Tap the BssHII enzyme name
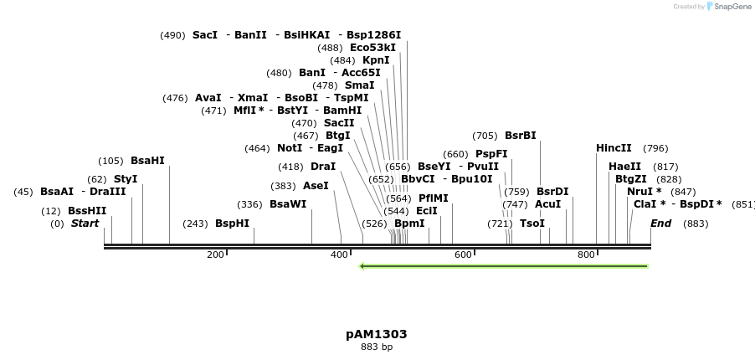[87, 211]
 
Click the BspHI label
[232, 224]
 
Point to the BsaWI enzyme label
[288, 204]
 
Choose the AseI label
[316, 186]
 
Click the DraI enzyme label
[323, 167]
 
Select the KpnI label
[376, 60]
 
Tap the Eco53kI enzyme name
[372, 48]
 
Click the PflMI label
[433, 198]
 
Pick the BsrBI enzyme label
[520, 136]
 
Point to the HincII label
[614, 148]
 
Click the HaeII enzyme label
[624, 167]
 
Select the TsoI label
[532, 224]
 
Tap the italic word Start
[85, 224]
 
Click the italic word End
[660, 224]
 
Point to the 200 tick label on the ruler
[215, 255]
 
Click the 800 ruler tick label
[586, 255]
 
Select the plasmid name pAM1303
[376, 334]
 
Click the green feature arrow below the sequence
[503, 266]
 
